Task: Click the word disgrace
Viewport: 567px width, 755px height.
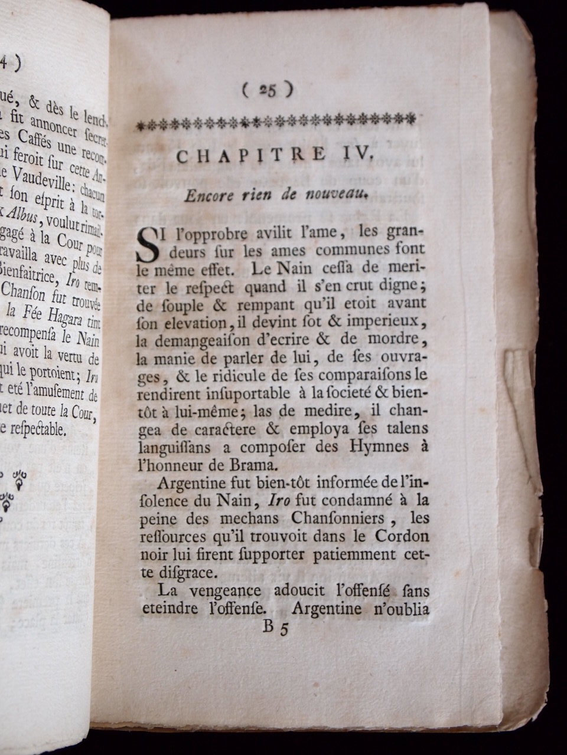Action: (x=171, y=573)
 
